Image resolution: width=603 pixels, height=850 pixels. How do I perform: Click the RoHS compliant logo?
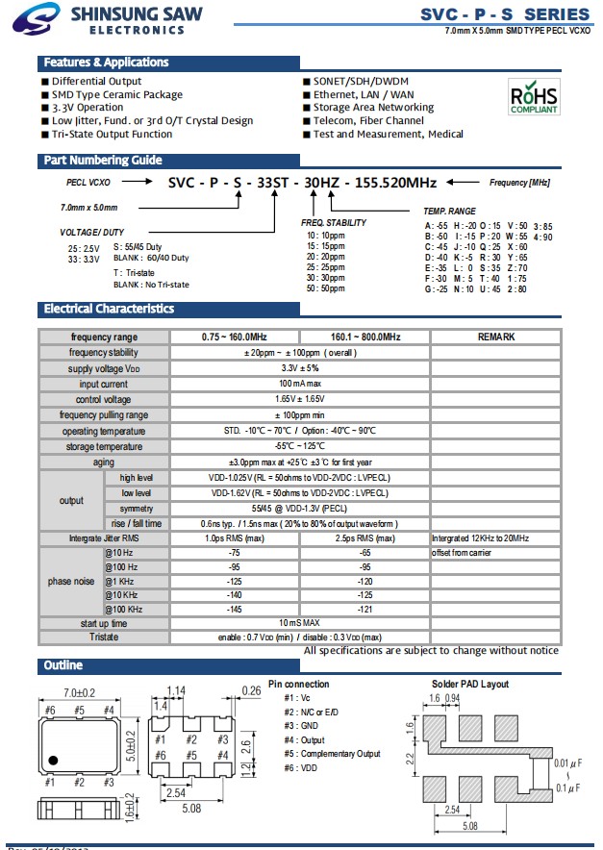(533, 97)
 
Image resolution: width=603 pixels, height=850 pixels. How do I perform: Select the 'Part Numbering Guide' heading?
(102, 161)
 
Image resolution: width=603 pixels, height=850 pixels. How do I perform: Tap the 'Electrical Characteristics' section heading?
(109, 309)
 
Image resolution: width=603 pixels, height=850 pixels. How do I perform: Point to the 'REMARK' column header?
(496, 337)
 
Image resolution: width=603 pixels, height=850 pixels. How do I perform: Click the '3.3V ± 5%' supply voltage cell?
(300, 368)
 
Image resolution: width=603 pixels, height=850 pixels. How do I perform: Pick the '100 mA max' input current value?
(300, 384)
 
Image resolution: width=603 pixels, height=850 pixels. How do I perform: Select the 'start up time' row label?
(104, 624)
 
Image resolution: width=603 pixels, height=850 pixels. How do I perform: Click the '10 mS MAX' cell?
(300, 624)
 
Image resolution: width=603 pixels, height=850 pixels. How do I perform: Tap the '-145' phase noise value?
(235, 610)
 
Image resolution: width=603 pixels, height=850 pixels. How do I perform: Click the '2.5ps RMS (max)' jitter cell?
(365, 538)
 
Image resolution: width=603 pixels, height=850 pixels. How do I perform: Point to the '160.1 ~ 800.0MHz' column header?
(365, 337)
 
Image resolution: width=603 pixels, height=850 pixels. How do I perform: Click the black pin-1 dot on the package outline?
(55, 756)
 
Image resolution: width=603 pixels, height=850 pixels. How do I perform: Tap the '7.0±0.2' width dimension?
(79, 693)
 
